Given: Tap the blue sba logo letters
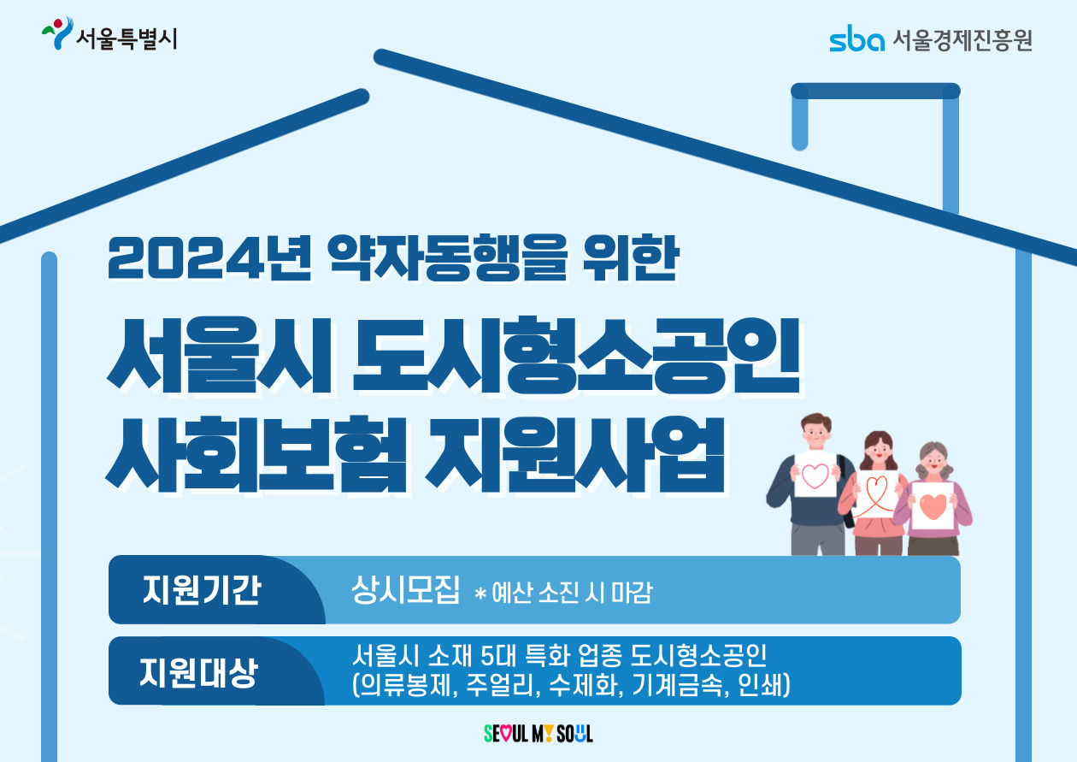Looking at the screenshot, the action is click(856, 38).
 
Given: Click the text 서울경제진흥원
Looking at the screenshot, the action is click(962, 39).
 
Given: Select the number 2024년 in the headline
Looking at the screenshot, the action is click(209, 258).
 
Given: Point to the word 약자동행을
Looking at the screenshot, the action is click(448, 258).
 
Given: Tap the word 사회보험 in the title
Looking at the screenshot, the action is click(256, 454).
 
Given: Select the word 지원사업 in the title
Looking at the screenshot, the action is click(574, 454).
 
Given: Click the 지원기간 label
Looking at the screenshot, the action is click(202, 590).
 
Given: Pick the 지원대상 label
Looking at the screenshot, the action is click(199, 671).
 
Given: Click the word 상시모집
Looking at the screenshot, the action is click(405, 589).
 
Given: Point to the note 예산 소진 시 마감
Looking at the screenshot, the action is click(572, 592).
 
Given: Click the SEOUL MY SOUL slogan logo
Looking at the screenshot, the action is click(538, 734).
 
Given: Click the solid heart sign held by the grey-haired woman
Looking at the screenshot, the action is click(933, 506).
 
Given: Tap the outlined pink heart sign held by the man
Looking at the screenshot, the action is click(815, 475).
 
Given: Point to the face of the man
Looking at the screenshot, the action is click(816, 434).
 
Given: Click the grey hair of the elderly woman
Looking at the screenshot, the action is click(933, 455).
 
